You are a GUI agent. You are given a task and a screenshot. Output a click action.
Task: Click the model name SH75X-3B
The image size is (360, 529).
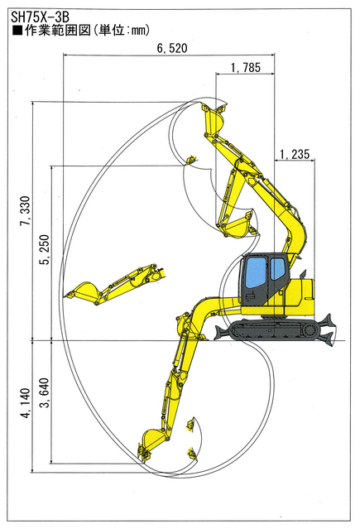(40, 17)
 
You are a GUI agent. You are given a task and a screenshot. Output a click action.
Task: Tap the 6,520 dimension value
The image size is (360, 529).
(172, 48)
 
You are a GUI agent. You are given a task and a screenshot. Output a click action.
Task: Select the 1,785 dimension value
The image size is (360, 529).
(246, 68)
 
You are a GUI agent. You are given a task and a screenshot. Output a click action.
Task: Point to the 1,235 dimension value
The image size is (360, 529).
(295, 155)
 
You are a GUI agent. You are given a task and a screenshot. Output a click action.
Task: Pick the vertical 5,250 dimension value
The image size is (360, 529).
(44, 250)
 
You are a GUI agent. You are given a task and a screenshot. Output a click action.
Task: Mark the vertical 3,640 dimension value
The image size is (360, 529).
(44, 392)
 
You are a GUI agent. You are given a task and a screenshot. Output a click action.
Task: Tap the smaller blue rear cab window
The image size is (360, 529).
(277, 268)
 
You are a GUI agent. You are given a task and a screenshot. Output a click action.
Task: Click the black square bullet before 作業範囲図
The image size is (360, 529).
(17, 31)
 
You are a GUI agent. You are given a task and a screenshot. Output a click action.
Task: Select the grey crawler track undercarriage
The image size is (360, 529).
(275, 329)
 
